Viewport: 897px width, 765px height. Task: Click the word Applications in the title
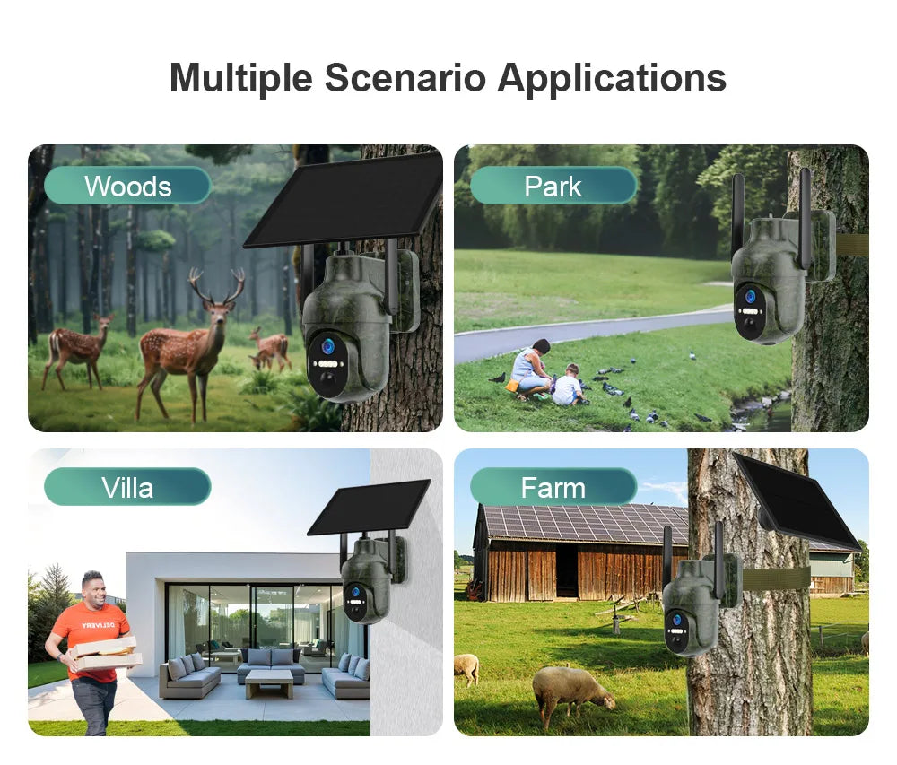point(612,78)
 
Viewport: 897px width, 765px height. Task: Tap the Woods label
point(127,186)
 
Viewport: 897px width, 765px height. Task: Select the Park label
point(553,186)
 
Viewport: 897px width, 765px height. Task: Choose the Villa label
point(127,487)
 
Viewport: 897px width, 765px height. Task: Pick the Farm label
point(553,487)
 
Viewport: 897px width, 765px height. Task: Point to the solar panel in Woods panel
point(345,199)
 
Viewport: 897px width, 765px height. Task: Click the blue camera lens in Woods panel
point(327,345)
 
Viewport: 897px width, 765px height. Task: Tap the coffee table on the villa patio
point(268,682)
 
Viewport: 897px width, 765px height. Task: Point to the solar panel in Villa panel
point(370,508)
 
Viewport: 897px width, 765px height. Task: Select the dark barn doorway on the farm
point(567,570)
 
